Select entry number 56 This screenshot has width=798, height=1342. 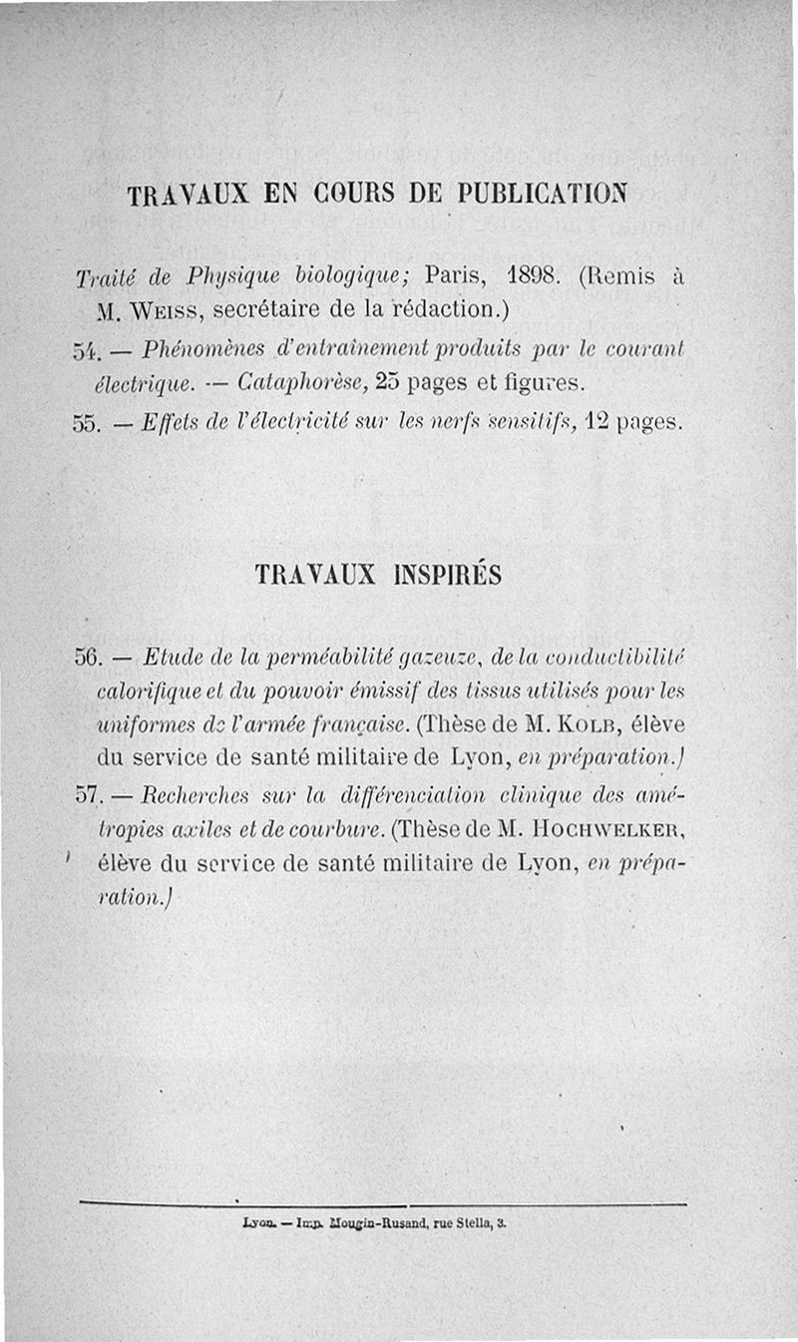91,659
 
